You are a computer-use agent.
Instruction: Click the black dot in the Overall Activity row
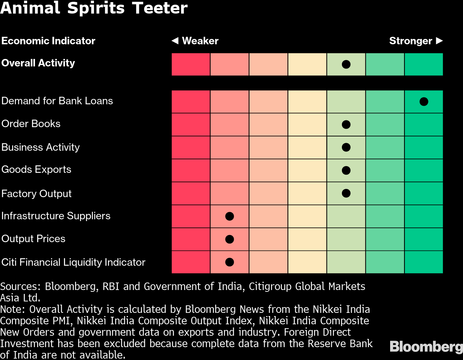tap(346, 64)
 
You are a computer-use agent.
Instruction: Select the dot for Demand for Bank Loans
tap(424, 101)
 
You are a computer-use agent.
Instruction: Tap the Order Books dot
tap(346, 124)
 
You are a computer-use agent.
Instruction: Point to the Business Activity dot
tap(346, 147)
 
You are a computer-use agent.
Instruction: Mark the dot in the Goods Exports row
tap(346, 170)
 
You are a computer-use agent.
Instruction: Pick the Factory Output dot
tap(346, 193)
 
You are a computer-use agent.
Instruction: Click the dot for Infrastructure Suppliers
tap(229, 216)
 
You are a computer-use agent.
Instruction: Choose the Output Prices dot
tap(229, 239)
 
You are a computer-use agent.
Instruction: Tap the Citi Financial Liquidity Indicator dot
tap(229, 262)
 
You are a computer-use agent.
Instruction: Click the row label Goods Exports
tap(36, 169)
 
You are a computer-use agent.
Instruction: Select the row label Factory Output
tap(36, 194)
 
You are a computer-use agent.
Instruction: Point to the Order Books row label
tap(31, 124)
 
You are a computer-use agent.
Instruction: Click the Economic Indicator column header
tap(48, 41)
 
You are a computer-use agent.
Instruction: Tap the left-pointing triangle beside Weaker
tap(175, 41)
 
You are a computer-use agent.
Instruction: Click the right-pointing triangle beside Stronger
tap(439, 41)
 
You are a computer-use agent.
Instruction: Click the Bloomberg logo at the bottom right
tap(426, 346)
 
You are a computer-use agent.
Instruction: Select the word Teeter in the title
tap(160, 8)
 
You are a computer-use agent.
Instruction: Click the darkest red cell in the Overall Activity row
tap(191, 64)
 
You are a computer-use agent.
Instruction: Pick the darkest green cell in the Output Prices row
tap(424, 239)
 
